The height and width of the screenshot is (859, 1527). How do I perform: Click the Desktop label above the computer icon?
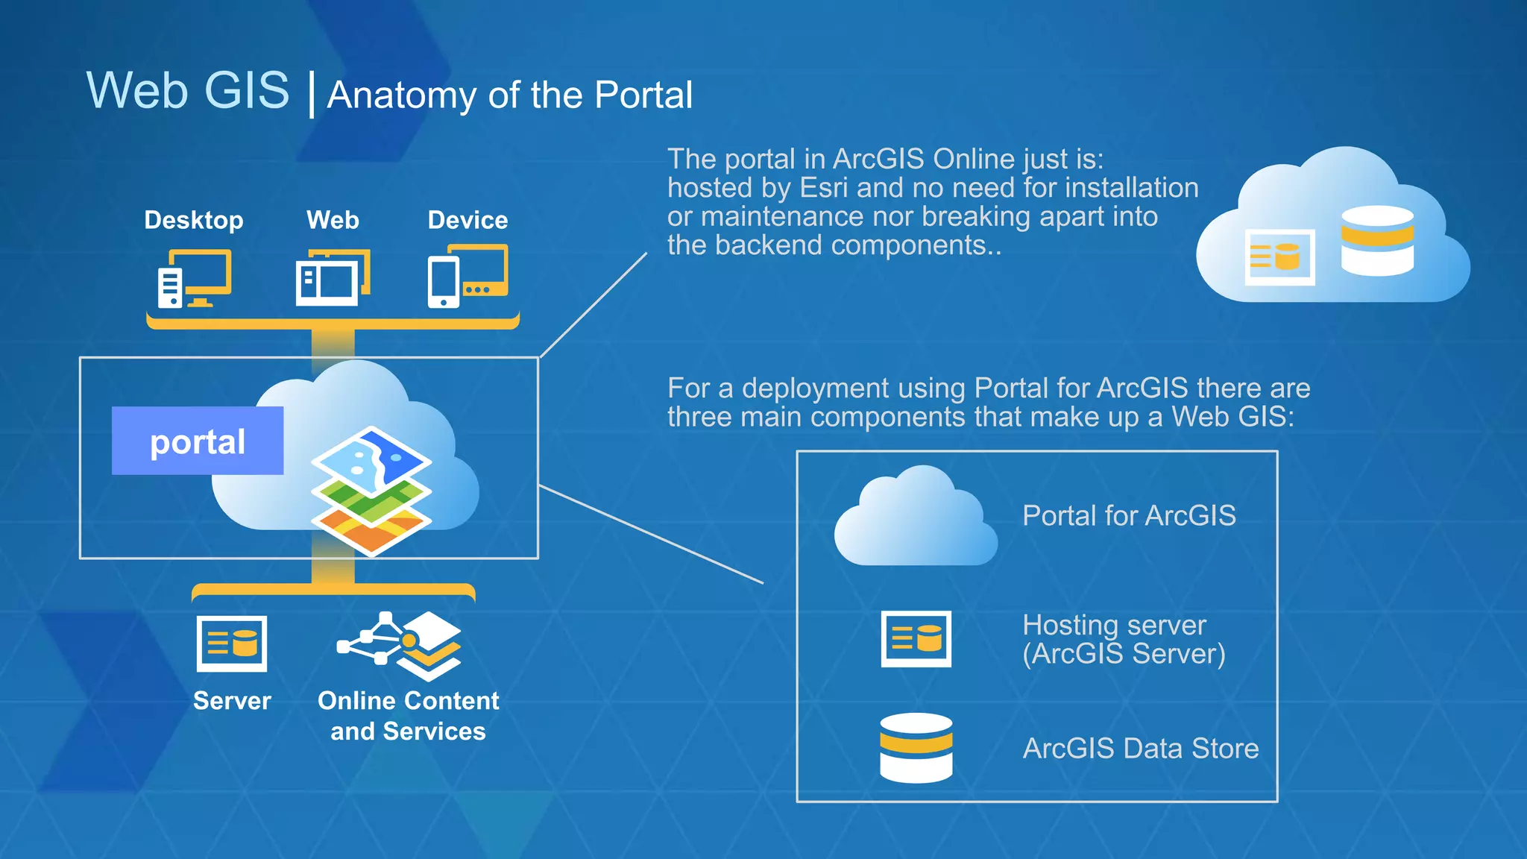click(x=193, y=220)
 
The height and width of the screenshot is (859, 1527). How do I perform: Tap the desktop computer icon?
click(x=195, y=279)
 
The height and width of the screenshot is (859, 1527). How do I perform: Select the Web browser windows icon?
click(x=333, y=277)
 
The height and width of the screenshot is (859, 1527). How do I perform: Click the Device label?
click(x=467, y=220)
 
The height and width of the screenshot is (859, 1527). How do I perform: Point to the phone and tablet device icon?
click(x=467, y=277)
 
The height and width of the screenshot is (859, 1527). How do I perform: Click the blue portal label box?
click(x=198, y=441)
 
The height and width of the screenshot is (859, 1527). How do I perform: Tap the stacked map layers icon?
click(x=371, y=491)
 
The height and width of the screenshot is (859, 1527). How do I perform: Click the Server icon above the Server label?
click(x=232, y=643)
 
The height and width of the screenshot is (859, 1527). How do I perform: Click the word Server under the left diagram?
click(x=232, y=701)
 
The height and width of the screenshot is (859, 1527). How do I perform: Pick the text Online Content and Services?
click(x=408, y=716)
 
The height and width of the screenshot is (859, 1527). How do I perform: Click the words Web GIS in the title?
click(x=188, y=90)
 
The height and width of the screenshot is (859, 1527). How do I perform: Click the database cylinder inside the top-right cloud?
click(x=1377, y=240)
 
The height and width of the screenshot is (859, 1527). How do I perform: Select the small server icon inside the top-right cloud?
click(x=1279, y=257)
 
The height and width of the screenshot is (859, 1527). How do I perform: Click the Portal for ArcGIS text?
click(x=1129, y=515)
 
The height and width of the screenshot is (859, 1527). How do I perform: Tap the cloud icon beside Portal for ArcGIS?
click(x=916, y=518)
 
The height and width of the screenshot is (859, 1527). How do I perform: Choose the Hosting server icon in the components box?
click(x=916, y=638)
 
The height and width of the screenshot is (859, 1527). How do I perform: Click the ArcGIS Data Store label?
click(x=1140, y=748)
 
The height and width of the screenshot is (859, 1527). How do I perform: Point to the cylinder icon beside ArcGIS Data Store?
click(x=916, y=747)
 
